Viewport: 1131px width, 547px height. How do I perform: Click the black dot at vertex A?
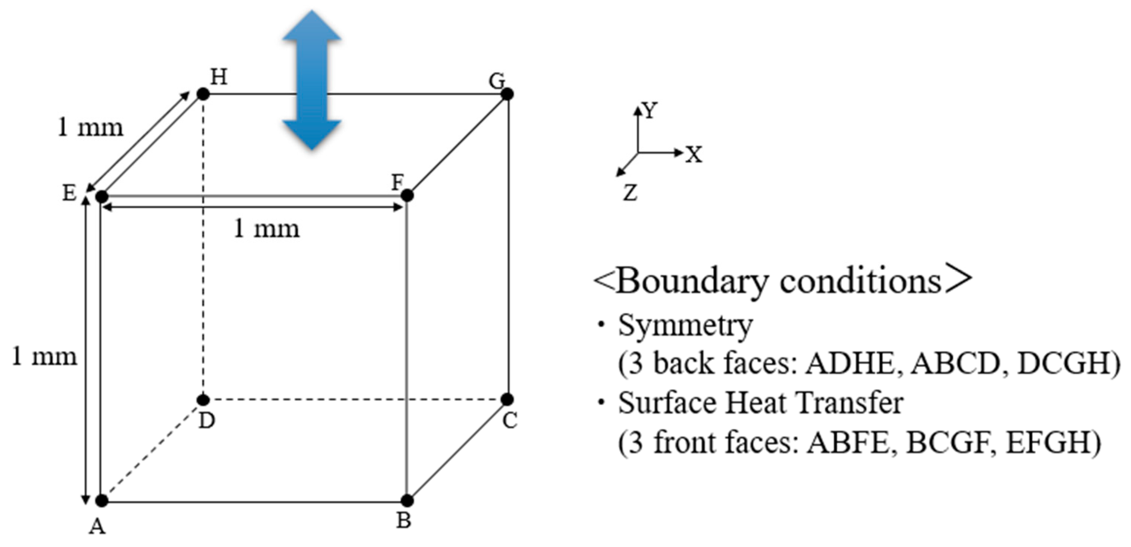click(102, 501)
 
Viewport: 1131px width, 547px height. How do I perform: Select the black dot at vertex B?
click(407, 501)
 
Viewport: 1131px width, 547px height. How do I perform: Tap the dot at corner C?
click(507, 400)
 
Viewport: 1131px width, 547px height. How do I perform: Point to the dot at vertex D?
click(203, 400)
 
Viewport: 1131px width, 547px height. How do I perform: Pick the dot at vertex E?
click(102, 197)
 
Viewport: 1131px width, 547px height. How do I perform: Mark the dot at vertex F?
click(407, 195)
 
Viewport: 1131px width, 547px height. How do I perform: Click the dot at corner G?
click(507, 94)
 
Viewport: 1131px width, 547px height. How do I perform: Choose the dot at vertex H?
click(203, 94)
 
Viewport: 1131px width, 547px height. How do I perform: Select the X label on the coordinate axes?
click(694, 155)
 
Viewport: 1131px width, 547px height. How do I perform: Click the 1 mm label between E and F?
click(266, 229)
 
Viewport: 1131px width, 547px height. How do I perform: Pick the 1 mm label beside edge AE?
click(44, 357)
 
